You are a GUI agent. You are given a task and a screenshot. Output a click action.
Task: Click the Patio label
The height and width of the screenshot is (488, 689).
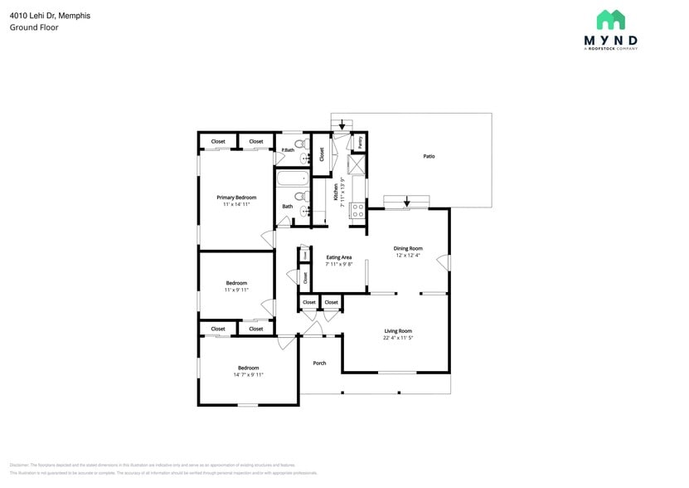click(429, 156)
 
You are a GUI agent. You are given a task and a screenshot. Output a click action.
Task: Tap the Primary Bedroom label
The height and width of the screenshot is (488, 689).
click(236, 198)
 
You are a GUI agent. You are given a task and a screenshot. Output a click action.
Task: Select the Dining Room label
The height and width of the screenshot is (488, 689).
click(408, 248)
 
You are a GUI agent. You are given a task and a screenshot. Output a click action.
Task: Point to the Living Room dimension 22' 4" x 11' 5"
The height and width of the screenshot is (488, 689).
click(398, 338)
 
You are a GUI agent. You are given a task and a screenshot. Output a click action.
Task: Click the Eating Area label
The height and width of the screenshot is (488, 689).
click(339, 257)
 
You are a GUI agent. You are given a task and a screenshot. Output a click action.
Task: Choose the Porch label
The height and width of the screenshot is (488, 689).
click(319, 363)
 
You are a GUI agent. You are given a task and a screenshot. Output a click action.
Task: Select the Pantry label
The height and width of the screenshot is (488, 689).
click(361, 143)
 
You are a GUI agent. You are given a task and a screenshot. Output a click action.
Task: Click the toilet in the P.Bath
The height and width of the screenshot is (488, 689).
click(303, 144)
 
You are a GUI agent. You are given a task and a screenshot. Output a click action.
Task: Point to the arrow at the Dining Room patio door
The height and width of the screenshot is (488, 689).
click(407, 203)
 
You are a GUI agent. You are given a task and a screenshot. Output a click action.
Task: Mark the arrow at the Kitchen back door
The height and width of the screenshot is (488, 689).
click(342, 125)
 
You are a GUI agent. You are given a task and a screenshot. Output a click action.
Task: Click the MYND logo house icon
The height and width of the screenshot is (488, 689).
click(610, 20)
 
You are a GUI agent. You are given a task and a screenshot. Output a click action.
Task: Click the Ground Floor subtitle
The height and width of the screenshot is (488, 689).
click(34, 27)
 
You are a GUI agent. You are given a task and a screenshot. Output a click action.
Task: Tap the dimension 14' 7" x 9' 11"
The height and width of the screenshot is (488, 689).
click(248, 375)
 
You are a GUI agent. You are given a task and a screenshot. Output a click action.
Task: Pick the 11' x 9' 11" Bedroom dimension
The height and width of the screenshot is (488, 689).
click(236, 290)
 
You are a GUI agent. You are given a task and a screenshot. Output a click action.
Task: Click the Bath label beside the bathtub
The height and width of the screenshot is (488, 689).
click(288, 207)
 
